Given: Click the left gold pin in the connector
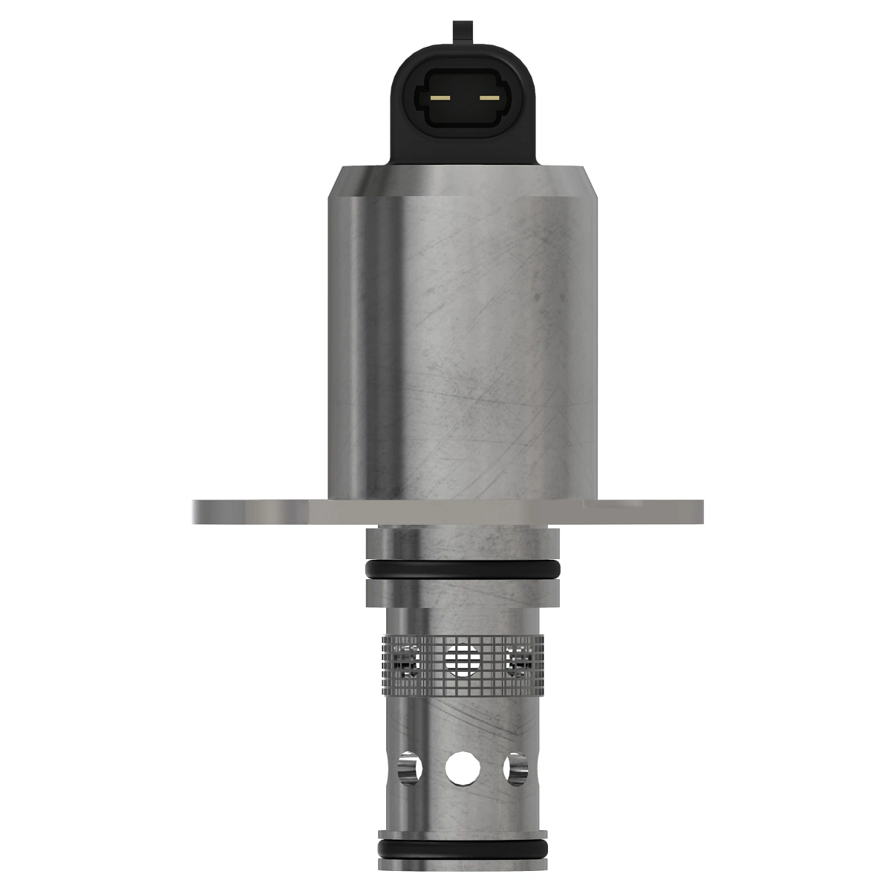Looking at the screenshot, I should tap(440, 98).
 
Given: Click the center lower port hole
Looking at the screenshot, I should tap(463, 767).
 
